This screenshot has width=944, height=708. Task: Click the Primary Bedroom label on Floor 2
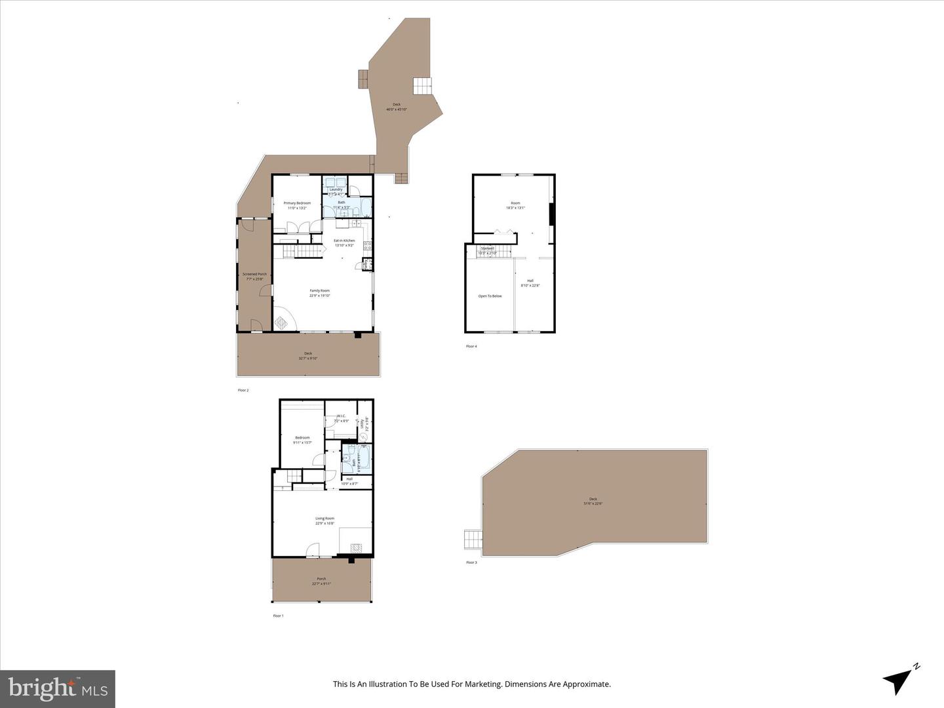[297, 203]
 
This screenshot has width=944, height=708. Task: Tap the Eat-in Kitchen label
[344, 241]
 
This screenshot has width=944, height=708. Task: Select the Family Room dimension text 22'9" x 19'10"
[320, 296]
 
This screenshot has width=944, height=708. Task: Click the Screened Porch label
[254, 274]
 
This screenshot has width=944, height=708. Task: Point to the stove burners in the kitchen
[368, 247]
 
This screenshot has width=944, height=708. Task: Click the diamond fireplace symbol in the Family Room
[281, 323]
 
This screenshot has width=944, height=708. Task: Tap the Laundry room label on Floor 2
[336, 189]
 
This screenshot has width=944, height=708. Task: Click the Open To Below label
[490, 296]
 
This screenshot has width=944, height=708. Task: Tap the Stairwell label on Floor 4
[487, 248]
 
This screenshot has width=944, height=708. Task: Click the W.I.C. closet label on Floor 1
[341, 416]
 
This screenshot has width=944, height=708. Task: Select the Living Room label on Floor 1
[324, 519]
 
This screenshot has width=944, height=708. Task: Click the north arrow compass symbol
[899, 678]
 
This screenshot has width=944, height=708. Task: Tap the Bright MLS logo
[58, 688]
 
